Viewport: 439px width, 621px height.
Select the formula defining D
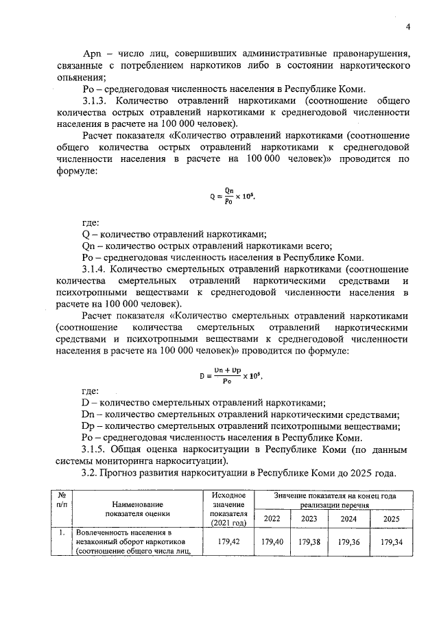tap(234, 375)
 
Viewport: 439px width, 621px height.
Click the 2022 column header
tap(272, 518)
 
